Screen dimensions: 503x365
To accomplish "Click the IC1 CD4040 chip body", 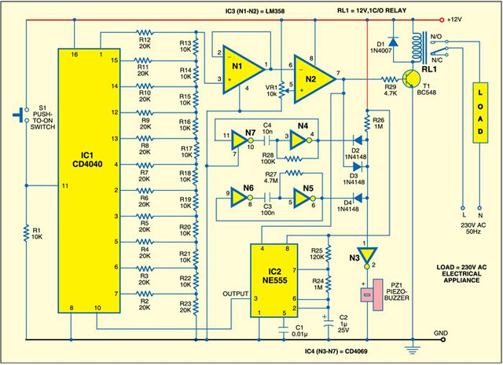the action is tap(89, 181).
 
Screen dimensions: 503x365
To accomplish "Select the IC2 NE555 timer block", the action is tap(274, 281).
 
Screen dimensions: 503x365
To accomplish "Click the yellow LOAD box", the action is tap(480, 112).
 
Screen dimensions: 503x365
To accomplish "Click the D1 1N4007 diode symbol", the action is tap(393, 42).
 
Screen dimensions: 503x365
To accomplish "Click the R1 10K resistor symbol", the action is tap(26, 233).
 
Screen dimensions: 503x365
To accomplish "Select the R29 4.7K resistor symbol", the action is tap(390, 79).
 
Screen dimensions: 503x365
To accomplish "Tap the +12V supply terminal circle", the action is tap(442, 20).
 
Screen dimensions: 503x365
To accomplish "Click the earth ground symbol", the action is tap(413, 349).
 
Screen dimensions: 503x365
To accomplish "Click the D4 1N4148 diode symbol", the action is tap(358, 198).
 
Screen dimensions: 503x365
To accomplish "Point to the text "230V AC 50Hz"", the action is tap(473, 228).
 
